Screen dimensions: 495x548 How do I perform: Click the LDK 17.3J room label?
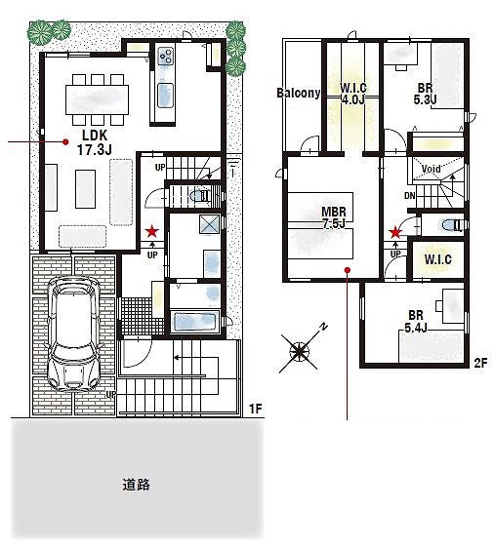(94, 142)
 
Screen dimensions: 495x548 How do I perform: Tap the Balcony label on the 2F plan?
(299, 93)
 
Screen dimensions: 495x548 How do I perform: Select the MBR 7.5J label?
(334, 217)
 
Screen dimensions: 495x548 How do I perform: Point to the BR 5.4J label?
(416, 322)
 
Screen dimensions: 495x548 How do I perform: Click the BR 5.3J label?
(425, 94)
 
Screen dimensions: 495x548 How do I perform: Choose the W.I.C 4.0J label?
(353, 94)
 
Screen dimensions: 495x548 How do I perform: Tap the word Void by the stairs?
(431, 169)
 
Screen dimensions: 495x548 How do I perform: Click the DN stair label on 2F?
(410, 196)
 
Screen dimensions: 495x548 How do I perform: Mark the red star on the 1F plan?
(152, 231)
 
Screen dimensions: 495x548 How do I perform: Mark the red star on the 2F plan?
(395, 232)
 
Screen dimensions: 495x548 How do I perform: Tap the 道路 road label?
(136, 485)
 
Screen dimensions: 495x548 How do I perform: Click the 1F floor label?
(256, 409)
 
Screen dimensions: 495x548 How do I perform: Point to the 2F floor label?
(480, 364)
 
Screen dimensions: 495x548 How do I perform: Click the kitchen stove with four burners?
(165, 56)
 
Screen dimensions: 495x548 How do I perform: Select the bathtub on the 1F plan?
(195, 321)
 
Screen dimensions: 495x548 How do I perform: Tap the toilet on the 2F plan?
(452, 226)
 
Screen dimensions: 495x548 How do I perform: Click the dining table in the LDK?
(98, 99)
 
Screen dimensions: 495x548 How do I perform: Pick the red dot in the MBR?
(347, 270)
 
